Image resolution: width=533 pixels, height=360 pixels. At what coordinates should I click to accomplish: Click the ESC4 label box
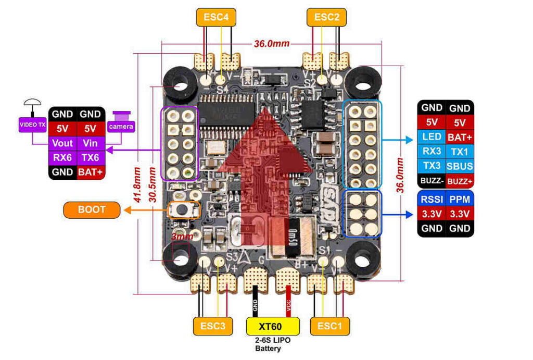pyautogui.click(x=216, y=17)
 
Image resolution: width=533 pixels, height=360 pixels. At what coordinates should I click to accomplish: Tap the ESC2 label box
pyautogui.click(x=326, y=17)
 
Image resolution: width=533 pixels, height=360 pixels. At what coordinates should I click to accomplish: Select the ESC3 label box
pyautogui.click(x=212, y=326)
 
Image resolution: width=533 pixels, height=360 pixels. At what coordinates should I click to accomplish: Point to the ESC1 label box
pyautogui.click(x=329, y=326)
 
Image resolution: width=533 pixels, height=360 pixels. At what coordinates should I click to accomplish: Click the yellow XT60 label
pyautogui.click(x=273, y=326)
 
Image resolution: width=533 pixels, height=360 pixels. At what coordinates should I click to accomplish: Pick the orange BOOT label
pyautogui.click(x=92, y=210)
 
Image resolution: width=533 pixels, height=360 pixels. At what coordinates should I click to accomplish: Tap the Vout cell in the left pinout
pyautogui.click(x=62, y=143)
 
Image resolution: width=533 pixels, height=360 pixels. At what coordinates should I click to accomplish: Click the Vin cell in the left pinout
pyautogui.click(x=91, y=143)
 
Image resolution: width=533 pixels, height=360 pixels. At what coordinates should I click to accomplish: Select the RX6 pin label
pyautogui.click(x=62, y=157)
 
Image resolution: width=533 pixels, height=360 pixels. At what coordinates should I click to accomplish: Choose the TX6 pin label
pyautogui.click(x=91, y=157)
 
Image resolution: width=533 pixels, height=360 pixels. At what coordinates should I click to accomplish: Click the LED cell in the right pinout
pyautogui.click(x=432, y=138)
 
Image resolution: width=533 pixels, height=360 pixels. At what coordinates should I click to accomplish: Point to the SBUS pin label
pyautogui.click(x=460, y=167)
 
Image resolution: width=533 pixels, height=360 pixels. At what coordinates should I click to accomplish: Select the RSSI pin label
pyautogui.click(x=432, y=198)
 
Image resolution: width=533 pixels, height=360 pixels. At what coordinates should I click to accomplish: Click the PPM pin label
pyautogui.click(x=460, y=198)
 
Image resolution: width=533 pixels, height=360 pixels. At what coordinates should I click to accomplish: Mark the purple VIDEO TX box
pyautogui.click(x=32, y=125)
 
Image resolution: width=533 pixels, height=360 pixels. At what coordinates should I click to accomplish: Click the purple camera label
pyautogui.click(x=121, y=126)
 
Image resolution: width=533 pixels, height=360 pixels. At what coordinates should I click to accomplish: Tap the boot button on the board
pyautogui.click(x=184, y=210)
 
